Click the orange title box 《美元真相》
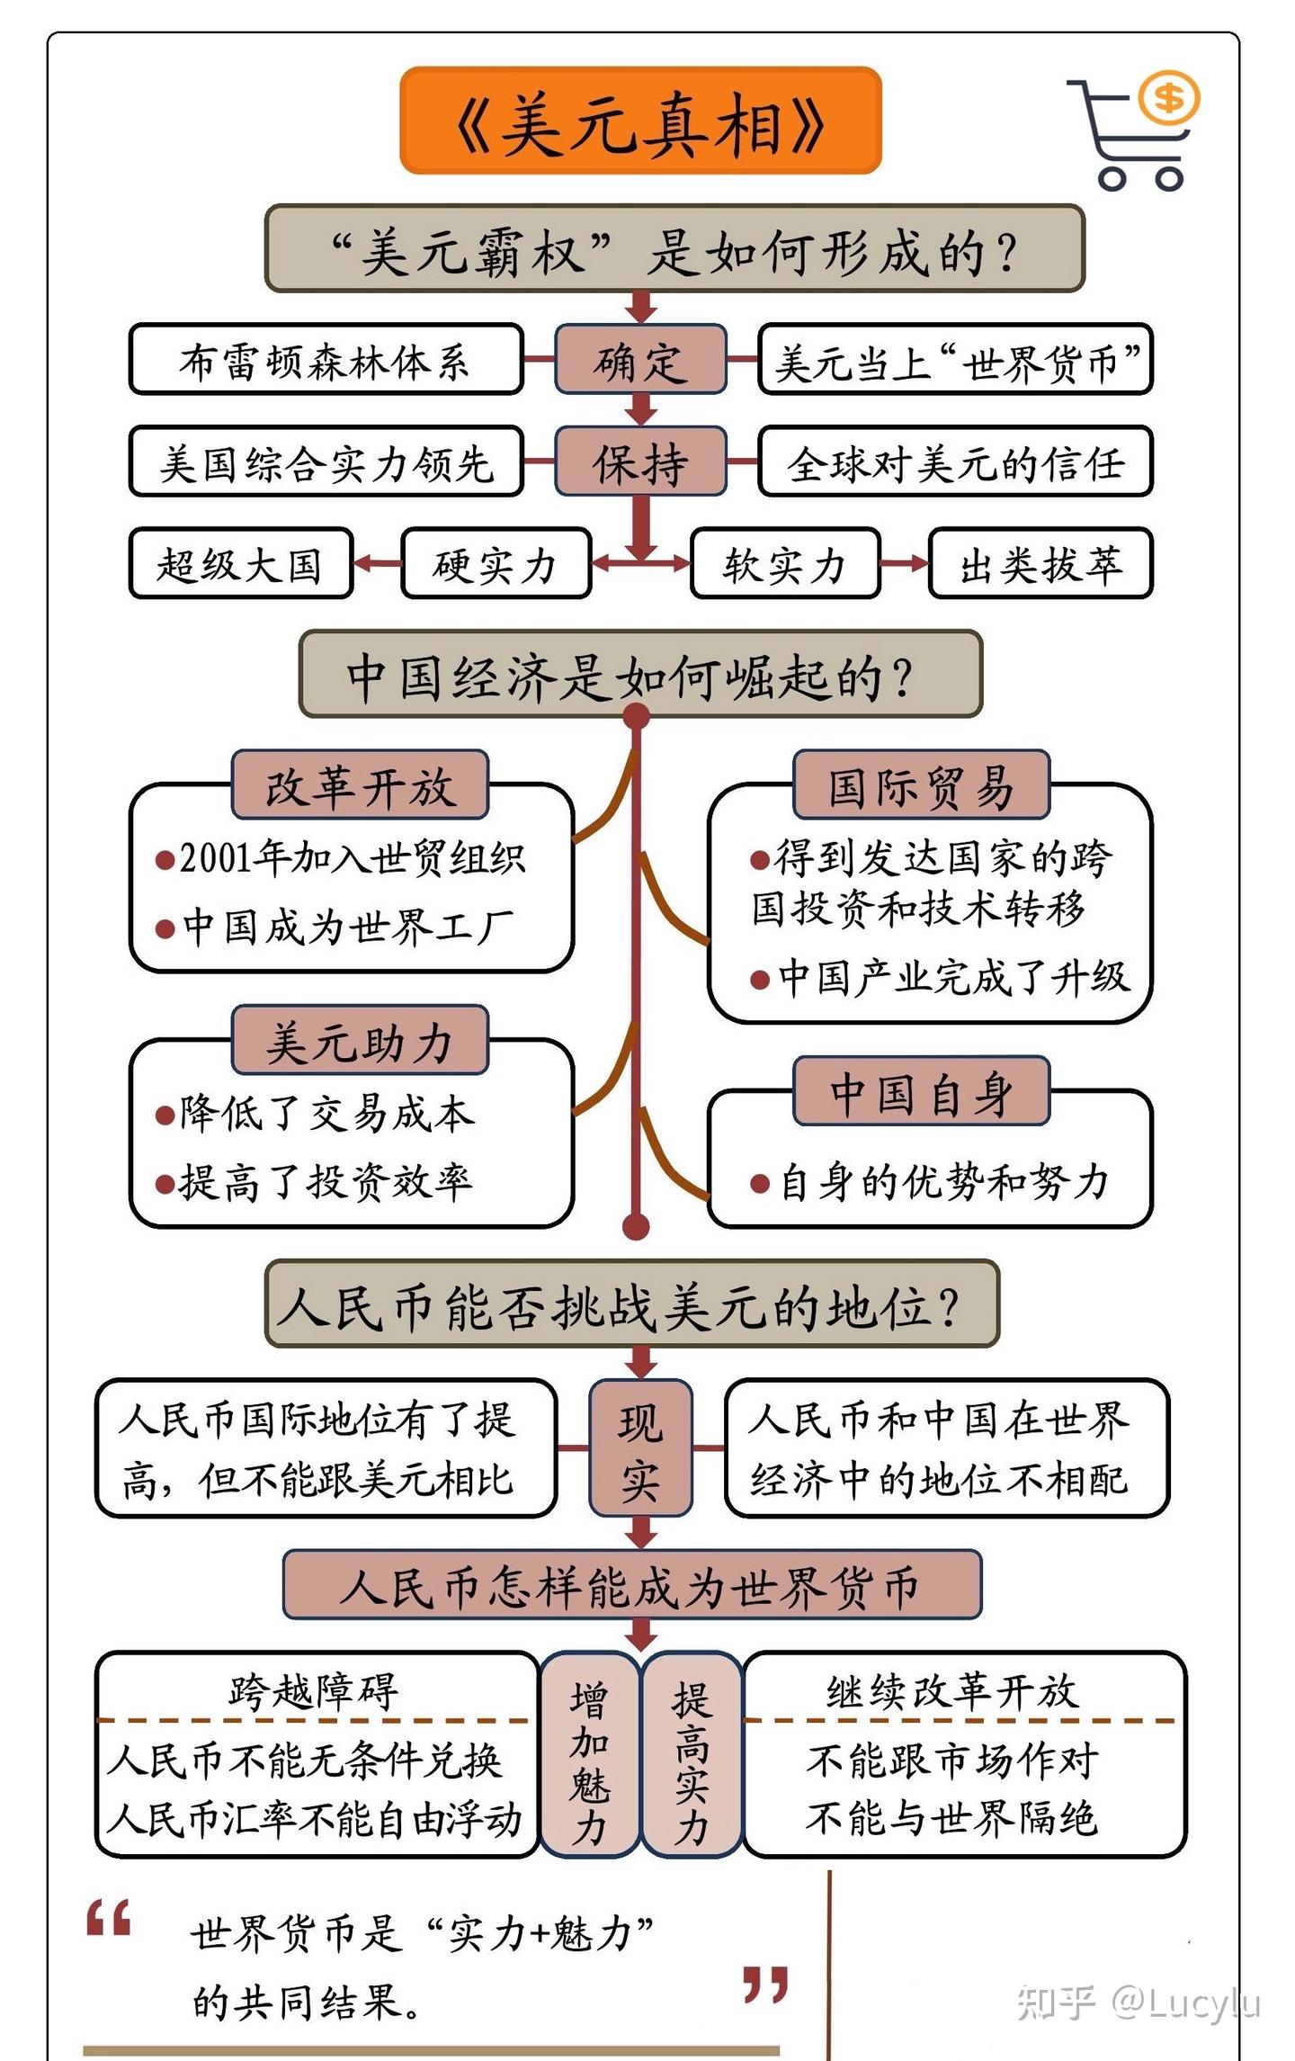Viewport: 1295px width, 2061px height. pyautogui.click(x=639, y=121)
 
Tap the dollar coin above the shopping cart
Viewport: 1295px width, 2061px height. pyautogui.click(x=1168, y=97)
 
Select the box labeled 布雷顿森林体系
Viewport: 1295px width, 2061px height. pyautogui.click(x=326, y=360)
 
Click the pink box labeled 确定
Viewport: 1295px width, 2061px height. pyautogui.click(x=639, y=360)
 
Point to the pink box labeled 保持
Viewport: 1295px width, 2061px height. pyautogui.click(x=639, y=461)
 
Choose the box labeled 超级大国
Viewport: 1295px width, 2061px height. pyautogui.click(x=240, y=564)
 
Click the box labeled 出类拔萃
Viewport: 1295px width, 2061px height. pyautogui.click(x=1040, y=564)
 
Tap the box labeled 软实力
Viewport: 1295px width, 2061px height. pyautogui.click(x=784, y=564)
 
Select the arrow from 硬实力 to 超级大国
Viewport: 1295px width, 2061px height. pyautogui.click(x=378, y=564)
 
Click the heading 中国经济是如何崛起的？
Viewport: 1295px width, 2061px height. pyautogui.click(x=639, y=675)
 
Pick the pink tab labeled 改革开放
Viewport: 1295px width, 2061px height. pyautogui.click(x=360, y=785)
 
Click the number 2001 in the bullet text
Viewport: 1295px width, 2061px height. pyautogui.click(x=216, y=858)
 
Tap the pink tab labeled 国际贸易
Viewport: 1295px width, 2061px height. pyautogui.click(x=921, y=785)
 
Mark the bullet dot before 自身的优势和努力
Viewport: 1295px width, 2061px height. pyautogui.click(x=760, y=1184)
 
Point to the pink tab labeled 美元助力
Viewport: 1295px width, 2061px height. pyautogui.click(x=360, y=1041)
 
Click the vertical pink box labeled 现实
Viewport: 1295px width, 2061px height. pyautogui.click(x=640, y=1448)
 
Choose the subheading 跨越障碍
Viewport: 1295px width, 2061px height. pyautogui.click(x=314, y=1691)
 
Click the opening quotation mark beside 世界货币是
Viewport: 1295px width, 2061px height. pyautogui.click(x=110, y=1918)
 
